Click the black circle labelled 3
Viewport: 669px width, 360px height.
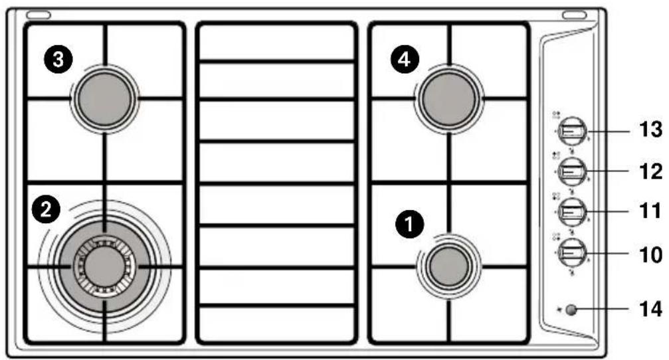(58, 60)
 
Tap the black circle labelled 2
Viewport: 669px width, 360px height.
(46, 209)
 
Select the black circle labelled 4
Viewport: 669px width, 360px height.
(405, 60)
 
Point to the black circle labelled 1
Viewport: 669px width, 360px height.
(410, 224)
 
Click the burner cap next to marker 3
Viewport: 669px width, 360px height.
(105, 99)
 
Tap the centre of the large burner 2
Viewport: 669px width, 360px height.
(104, 266)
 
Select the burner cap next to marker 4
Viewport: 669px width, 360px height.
(449, 99)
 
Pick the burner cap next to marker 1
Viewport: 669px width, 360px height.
(449, 266)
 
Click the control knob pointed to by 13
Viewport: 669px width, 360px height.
(572, 132)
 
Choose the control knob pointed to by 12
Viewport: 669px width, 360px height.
(572, 171)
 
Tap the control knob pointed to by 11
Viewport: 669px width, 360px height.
(572, 212)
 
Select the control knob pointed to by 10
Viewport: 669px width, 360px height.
(572, 253)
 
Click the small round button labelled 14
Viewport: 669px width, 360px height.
(571, 310)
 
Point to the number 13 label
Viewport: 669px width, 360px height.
(650, 130)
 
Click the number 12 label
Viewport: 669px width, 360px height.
(650, 171)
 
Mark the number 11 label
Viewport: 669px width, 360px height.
(650, 211)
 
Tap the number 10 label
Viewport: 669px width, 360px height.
(650, 254)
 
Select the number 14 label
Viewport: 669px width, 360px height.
(650, 308)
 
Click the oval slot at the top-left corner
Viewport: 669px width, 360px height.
(39, 15)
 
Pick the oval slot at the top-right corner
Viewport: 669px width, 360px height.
(574, 15)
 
